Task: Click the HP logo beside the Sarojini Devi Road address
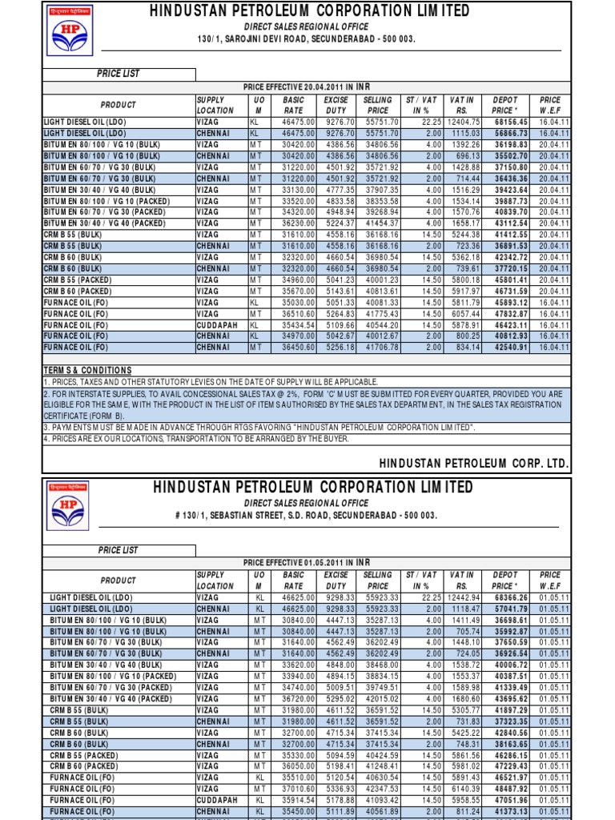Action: [x=68, y=34]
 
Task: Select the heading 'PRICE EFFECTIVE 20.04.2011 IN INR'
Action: [x=308, y=86]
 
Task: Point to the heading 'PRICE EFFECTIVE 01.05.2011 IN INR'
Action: [x=308, y=563]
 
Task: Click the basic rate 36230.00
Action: [x=294, y=223]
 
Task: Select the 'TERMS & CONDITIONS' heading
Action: [x=87, y=371]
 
